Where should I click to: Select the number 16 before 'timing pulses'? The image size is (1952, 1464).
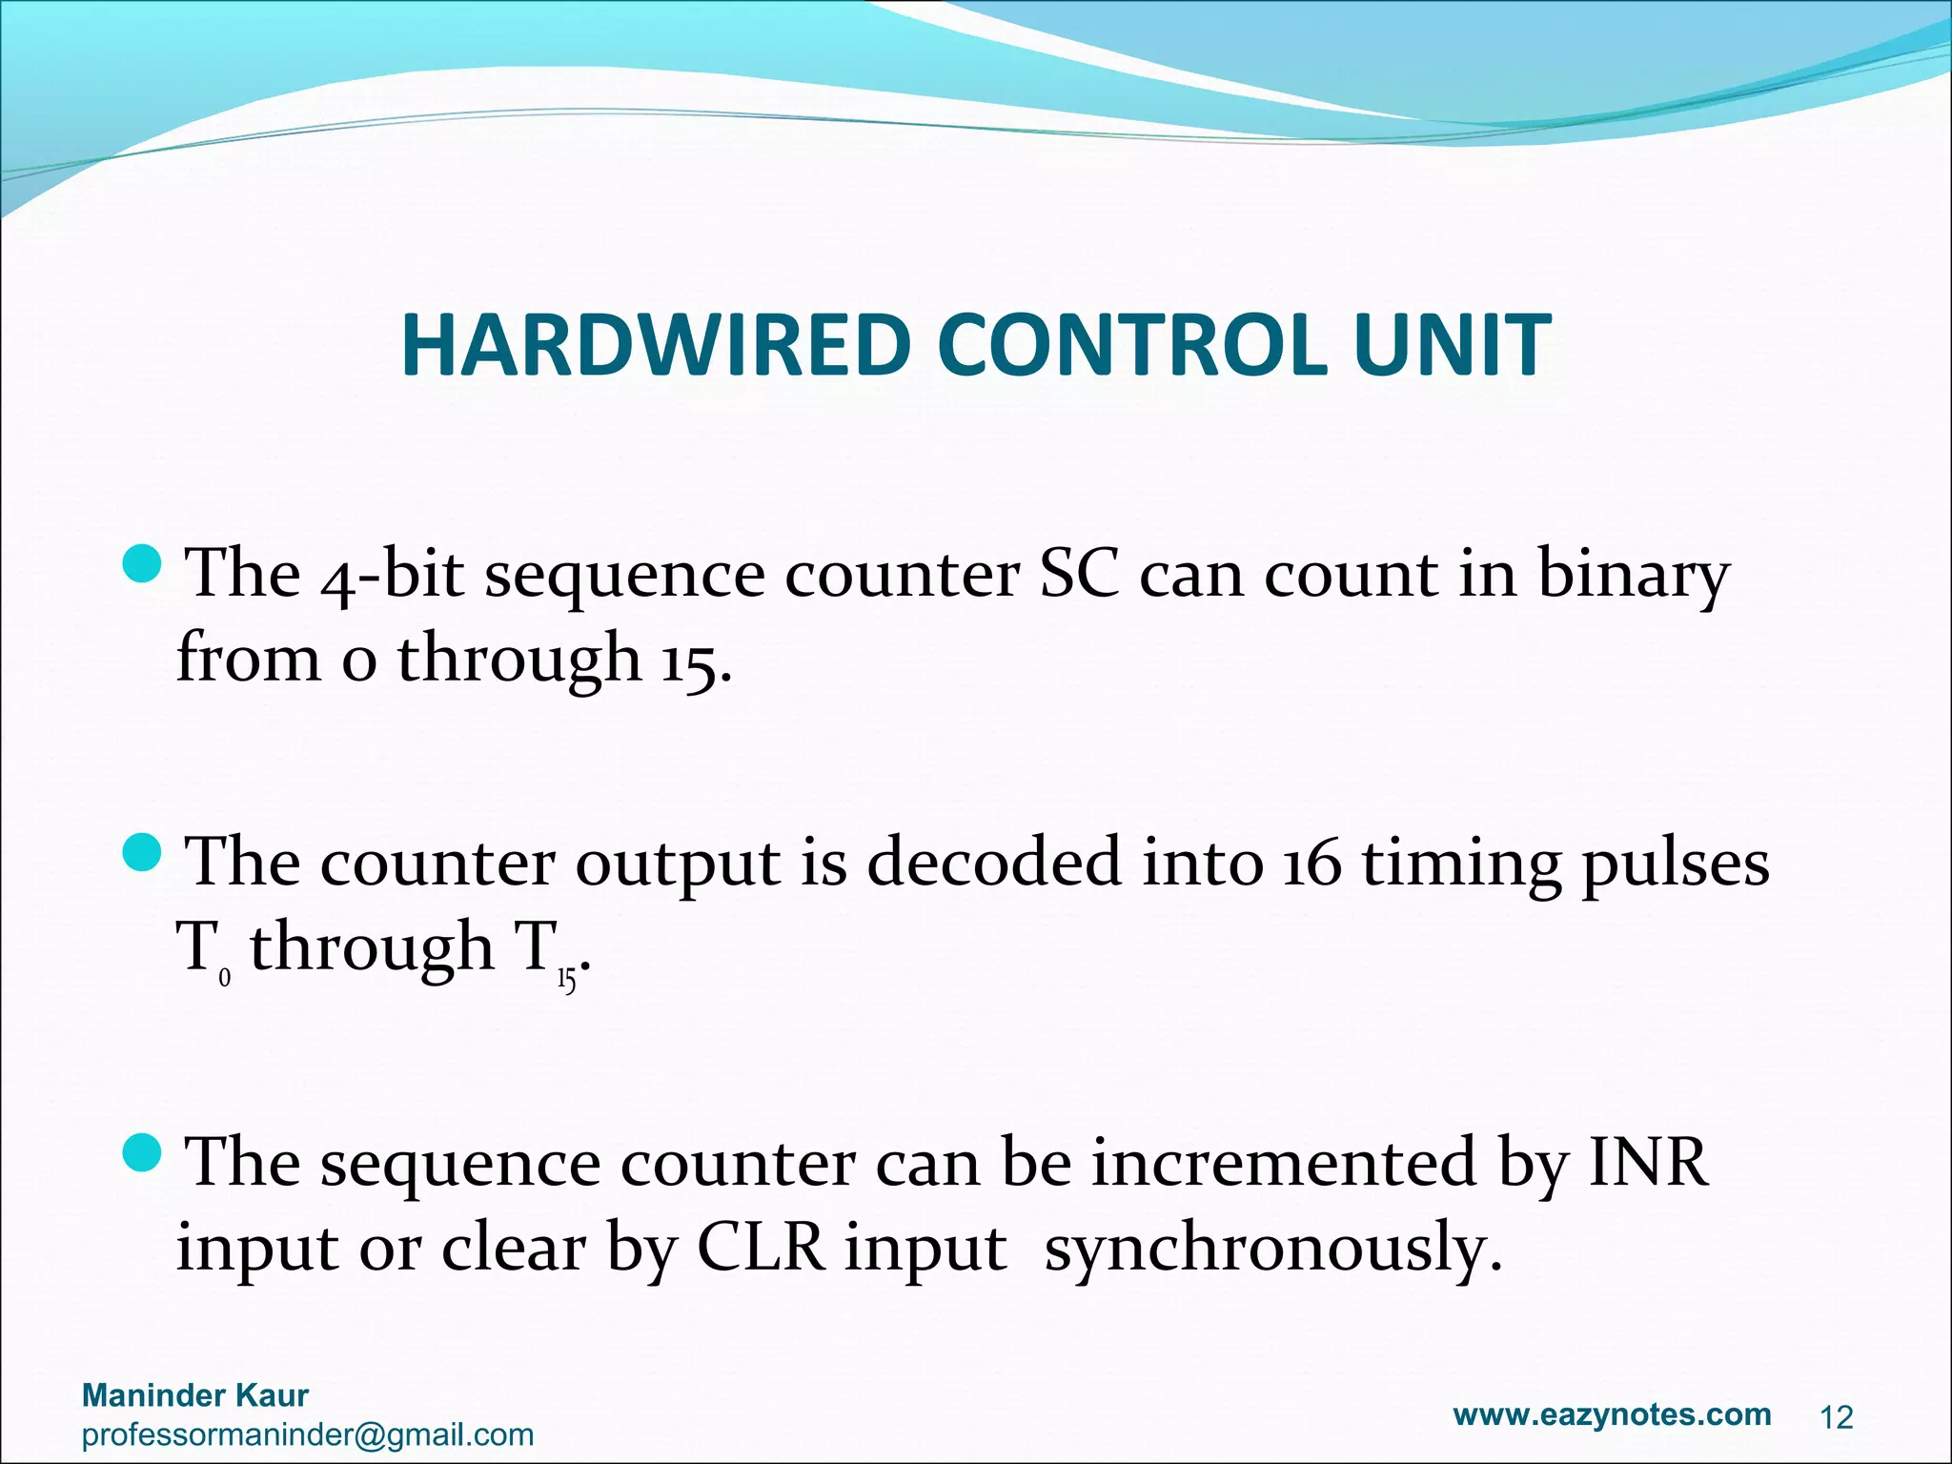(1311, 864)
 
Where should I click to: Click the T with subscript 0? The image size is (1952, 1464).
(200, 949)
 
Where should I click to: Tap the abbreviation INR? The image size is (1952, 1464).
(1647, 1163)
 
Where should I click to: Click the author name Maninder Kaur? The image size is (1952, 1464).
(195, 1395)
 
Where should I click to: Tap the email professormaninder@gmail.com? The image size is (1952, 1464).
(308, 1435)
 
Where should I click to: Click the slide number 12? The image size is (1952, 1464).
(1836, 1418)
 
